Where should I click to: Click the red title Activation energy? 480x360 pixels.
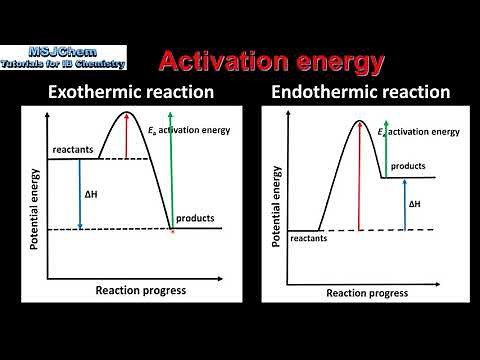point(271,62)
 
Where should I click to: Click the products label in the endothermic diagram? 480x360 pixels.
point(408,166)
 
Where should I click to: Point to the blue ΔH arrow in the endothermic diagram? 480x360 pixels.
point(403,204)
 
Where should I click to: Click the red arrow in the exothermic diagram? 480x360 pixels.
point(126,135)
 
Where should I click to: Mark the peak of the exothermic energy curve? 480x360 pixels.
point(126,112)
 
